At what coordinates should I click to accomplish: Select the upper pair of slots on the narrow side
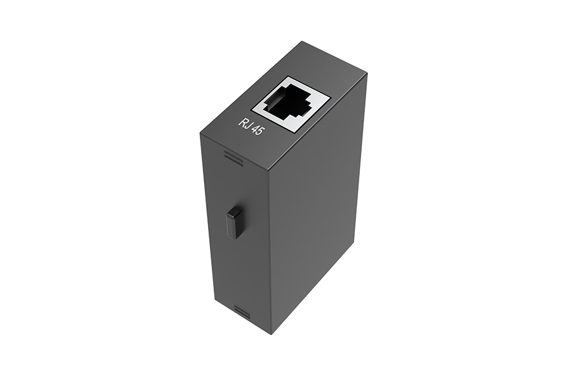click(232, 158)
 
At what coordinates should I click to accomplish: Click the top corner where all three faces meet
click(268, 168)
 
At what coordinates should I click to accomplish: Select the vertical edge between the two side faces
click(270, 253)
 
